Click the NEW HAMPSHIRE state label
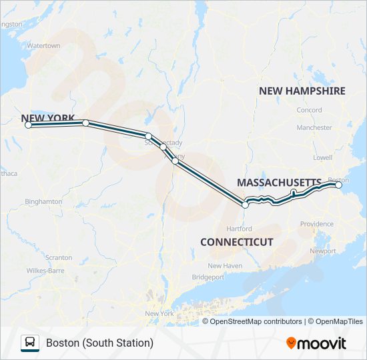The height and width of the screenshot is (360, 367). (x=302, y=91)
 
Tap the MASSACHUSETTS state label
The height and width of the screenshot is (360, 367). (x=279, y=182)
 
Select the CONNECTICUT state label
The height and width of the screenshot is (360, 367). (x=236, y=242)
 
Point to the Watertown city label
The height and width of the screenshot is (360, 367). (x=43, y=46)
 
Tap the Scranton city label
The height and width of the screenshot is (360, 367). (x=59, y=257)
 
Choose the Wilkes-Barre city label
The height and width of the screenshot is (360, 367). (x=45, y=271)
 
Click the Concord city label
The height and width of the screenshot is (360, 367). (x=309, y=110)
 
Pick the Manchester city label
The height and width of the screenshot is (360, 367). (x=314, y=127)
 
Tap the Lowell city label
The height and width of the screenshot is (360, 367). (x=322, y=158)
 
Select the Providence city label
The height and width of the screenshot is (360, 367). (x=316, y=224)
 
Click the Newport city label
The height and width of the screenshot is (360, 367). (x=323, y=251)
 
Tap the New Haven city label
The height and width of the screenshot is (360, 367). (x=224, y=265)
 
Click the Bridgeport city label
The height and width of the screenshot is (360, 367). (x=208, y=277)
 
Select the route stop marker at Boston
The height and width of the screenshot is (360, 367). (x=338, y=186)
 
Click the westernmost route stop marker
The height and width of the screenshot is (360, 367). (x=28, y=125)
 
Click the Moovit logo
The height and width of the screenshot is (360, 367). (x=316, y=343)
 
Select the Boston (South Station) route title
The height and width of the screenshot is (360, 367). (x=99, y=343)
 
